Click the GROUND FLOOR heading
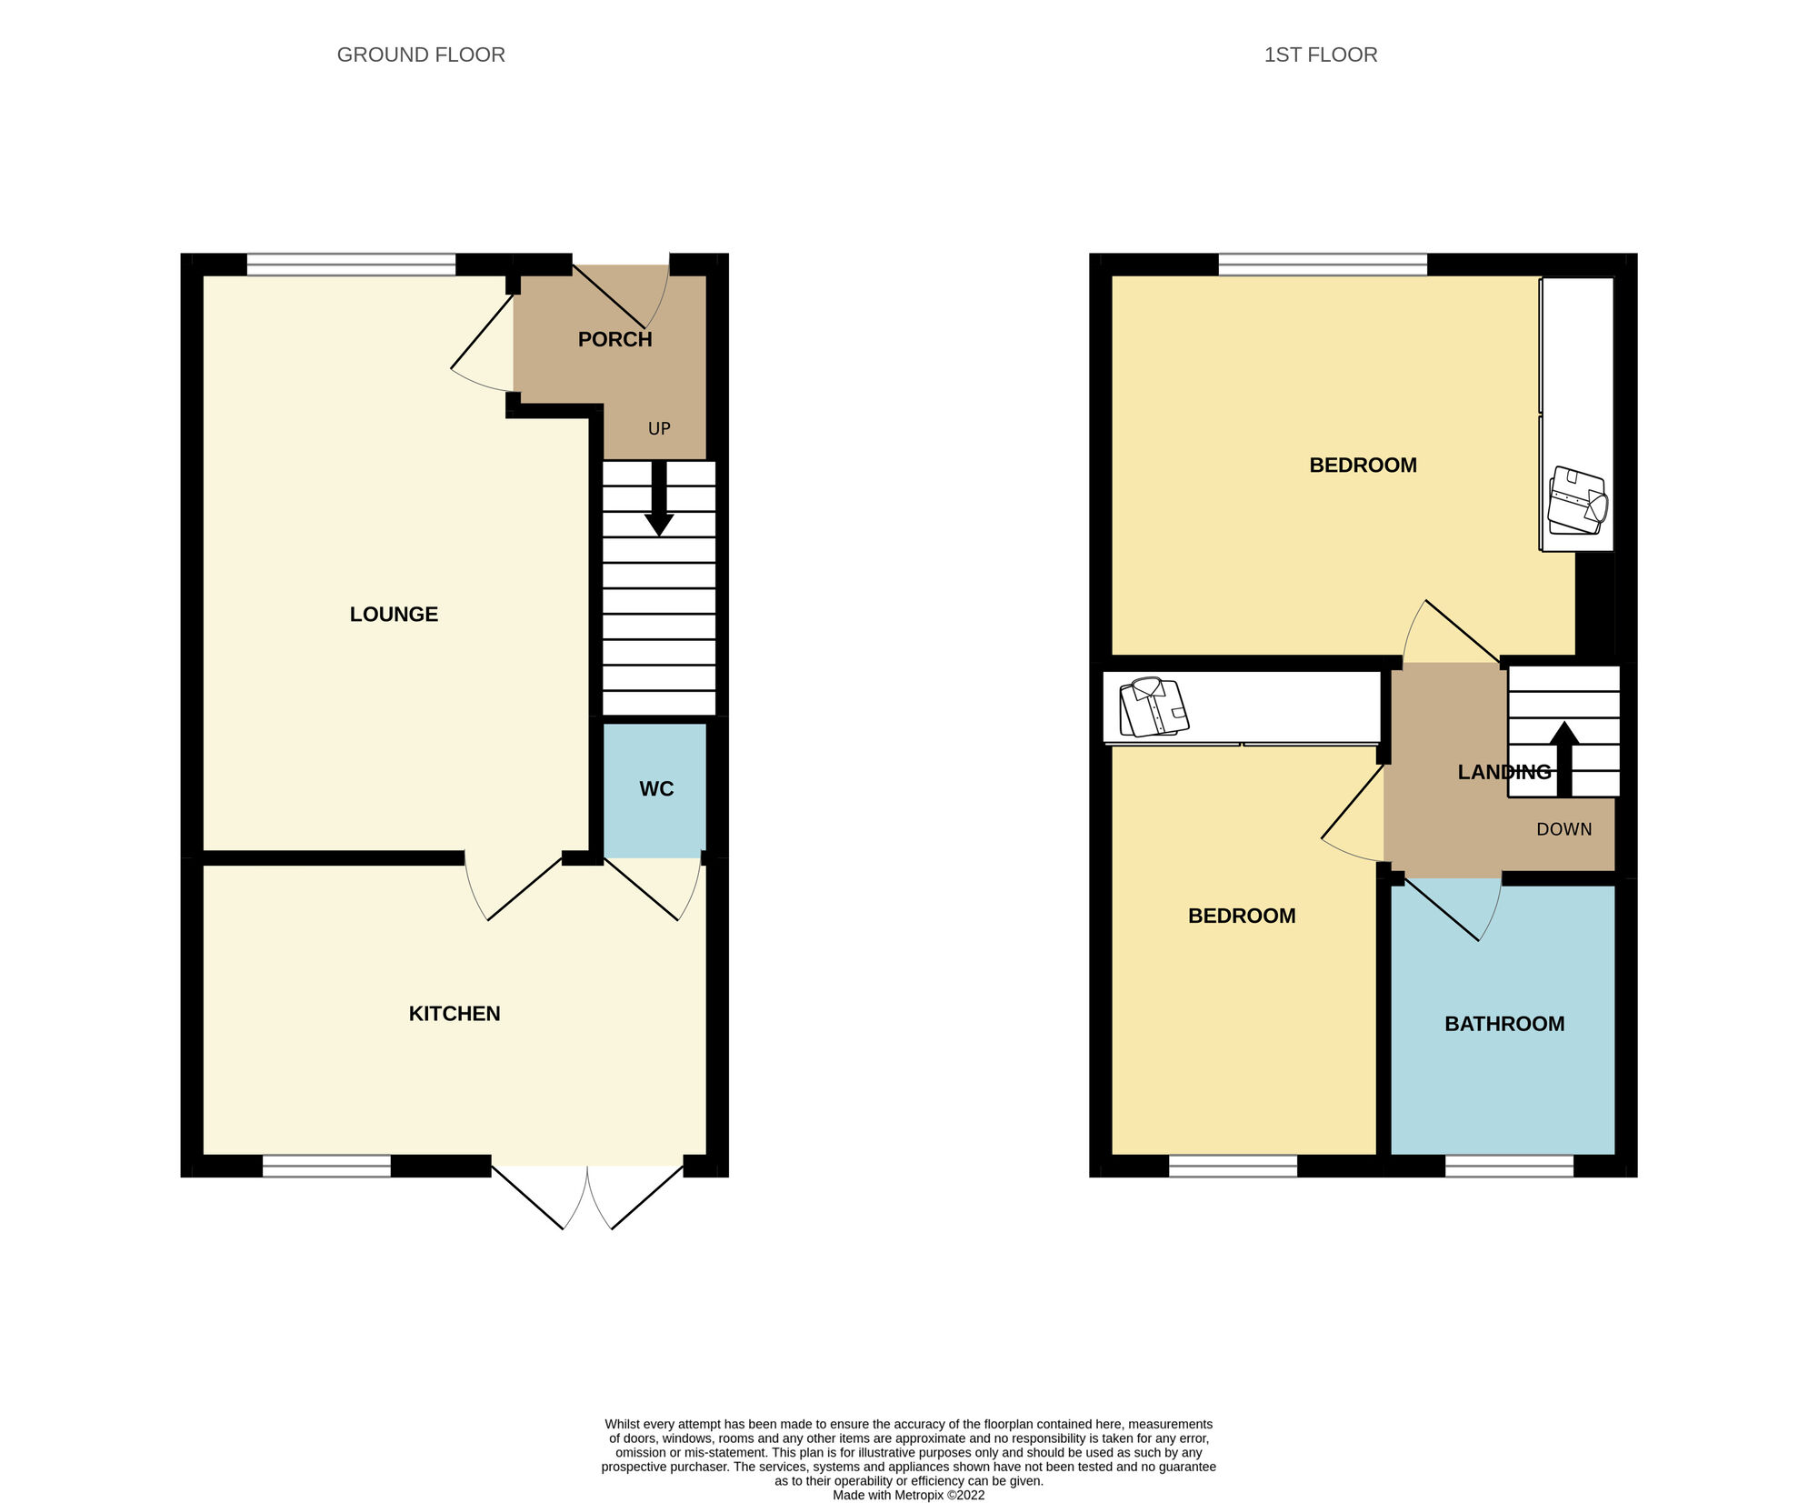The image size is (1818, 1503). click(421, 55)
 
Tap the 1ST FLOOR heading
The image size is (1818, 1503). click(1320, 55)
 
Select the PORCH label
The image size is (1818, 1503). click(614, 339)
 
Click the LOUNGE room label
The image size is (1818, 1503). click(394, 614)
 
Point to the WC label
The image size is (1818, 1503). click(655, 788)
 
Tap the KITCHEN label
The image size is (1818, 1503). click(454, 1013)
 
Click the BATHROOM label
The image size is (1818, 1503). click(1503, 1023)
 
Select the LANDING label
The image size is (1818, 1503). click(1503, 772)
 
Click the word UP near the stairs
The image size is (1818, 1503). click(659, 428)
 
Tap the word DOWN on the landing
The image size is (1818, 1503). click(1563, 829)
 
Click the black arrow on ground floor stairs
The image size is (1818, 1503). click(659, 500)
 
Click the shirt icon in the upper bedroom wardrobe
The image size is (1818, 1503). click(1578, 501)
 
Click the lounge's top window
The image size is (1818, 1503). click(351, 265)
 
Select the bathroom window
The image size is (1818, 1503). click(1509, 1166)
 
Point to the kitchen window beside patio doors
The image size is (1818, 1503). click(326, 1166)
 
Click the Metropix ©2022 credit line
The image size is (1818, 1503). click(907, 1495)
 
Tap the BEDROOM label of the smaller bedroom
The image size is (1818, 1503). click(1241, 916)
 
